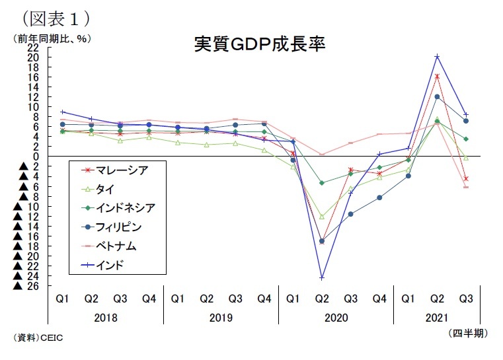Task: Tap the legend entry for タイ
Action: click(x=105, y=189)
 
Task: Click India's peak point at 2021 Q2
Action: click(x=437, y=56)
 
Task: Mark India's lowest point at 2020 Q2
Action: click(x=321, y=277)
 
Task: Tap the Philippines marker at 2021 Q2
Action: click(x=437, y=96)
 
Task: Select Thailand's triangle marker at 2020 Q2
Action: click(x=322, y=216)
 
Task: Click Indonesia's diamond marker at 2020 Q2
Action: click(x=322, y=183)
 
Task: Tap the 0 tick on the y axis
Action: click(x=38, y=157)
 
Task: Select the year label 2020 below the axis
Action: click(x=336, y=318)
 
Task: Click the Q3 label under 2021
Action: click(x=466, y=299)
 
